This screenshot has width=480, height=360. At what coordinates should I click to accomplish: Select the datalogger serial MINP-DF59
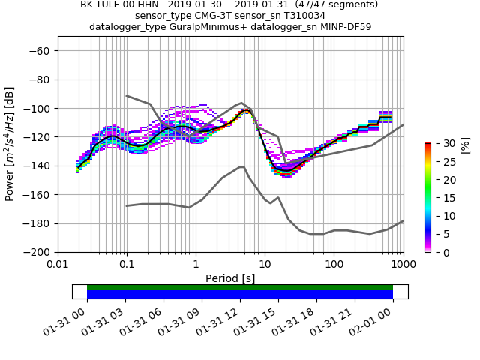(x=342, y=27)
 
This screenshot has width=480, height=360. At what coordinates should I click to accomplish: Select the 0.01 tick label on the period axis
(x=58, y=265)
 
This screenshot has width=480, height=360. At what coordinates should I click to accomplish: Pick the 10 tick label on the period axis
(x=265, y=265)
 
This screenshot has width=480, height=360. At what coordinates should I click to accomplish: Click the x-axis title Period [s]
(x=230, y=278)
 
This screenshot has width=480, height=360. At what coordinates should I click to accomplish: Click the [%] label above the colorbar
(x=464, y=145)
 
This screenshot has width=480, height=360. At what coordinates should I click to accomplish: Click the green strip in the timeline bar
(x=240, y=287)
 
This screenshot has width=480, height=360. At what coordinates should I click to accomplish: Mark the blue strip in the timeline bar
(x=240, y=295)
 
